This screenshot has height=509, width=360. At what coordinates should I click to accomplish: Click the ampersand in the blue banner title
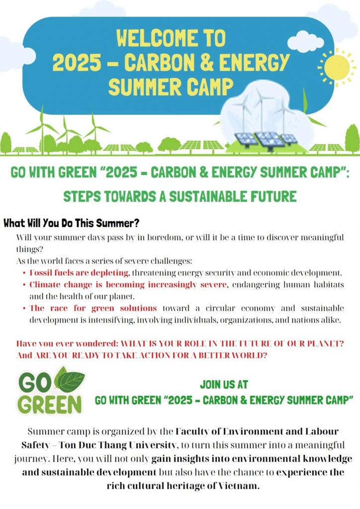point(206,62)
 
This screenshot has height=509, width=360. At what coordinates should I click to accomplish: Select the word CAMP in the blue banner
point(210,86)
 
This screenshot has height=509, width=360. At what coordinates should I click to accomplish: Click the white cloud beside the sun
point(305,42)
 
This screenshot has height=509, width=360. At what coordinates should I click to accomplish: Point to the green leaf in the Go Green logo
point(70,379)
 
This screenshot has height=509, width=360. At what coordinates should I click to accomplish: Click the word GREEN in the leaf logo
point(50,405)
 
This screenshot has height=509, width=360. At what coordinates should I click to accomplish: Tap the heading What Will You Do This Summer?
point(72,223)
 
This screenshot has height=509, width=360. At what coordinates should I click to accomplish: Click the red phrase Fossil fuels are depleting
point(79,273)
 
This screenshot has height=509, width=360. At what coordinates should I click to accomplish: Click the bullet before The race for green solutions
point(24,308)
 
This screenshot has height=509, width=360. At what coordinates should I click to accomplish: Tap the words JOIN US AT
point(224,384)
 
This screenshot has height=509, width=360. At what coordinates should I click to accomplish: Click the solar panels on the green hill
point(265,140)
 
